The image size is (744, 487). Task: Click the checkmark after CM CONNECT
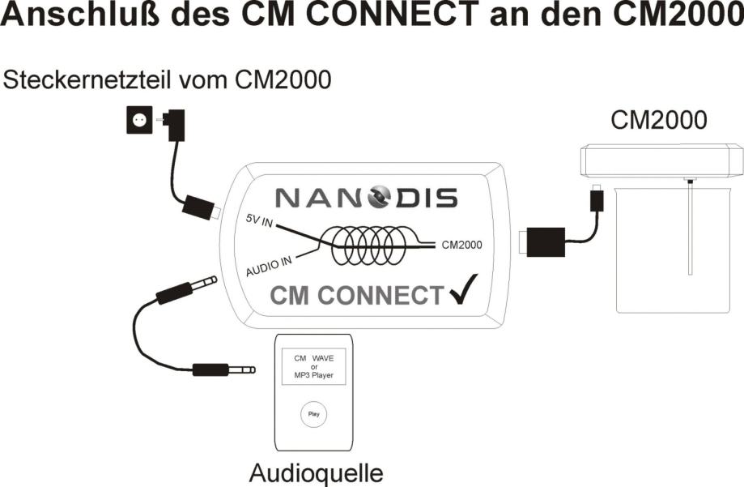[461, 289]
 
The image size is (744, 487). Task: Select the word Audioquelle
[316, 472]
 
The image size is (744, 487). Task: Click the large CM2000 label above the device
[659, 120]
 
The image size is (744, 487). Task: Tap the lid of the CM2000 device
[661, 160]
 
